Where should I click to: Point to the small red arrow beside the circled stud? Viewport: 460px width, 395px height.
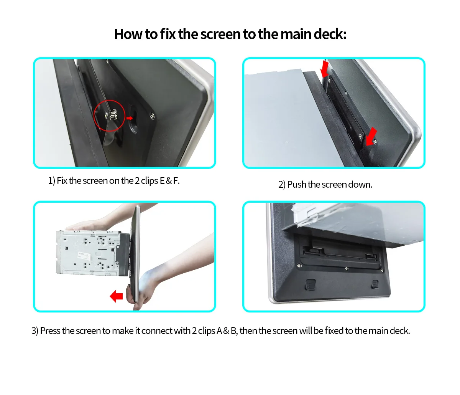[x=129, y=118]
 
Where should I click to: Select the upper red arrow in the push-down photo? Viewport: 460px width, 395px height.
[x=325, y=69]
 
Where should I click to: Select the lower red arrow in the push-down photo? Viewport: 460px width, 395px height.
[x=371, y=136]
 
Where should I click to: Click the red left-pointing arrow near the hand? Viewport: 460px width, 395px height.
[x=116, y=296]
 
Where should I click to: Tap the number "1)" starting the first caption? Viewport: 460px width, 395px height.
[x=52, y=181]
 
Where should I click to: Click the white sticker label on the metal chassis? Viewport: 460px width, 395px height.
[x=84, y=256]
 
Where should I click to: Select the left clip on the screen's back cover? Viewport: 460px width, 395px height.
[x=310, y=285]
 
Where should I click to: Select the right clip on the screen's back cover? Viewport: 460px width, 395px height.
[x=375, y=284]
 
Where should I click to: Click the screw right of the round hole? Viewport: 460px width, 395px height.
[x=153, y=116]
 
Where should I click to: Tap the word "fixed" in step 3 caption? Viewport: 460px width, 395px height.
[x=334, y=331]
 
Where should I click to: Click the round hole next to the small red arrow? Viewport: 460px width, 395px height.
[x=133, y=119]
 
